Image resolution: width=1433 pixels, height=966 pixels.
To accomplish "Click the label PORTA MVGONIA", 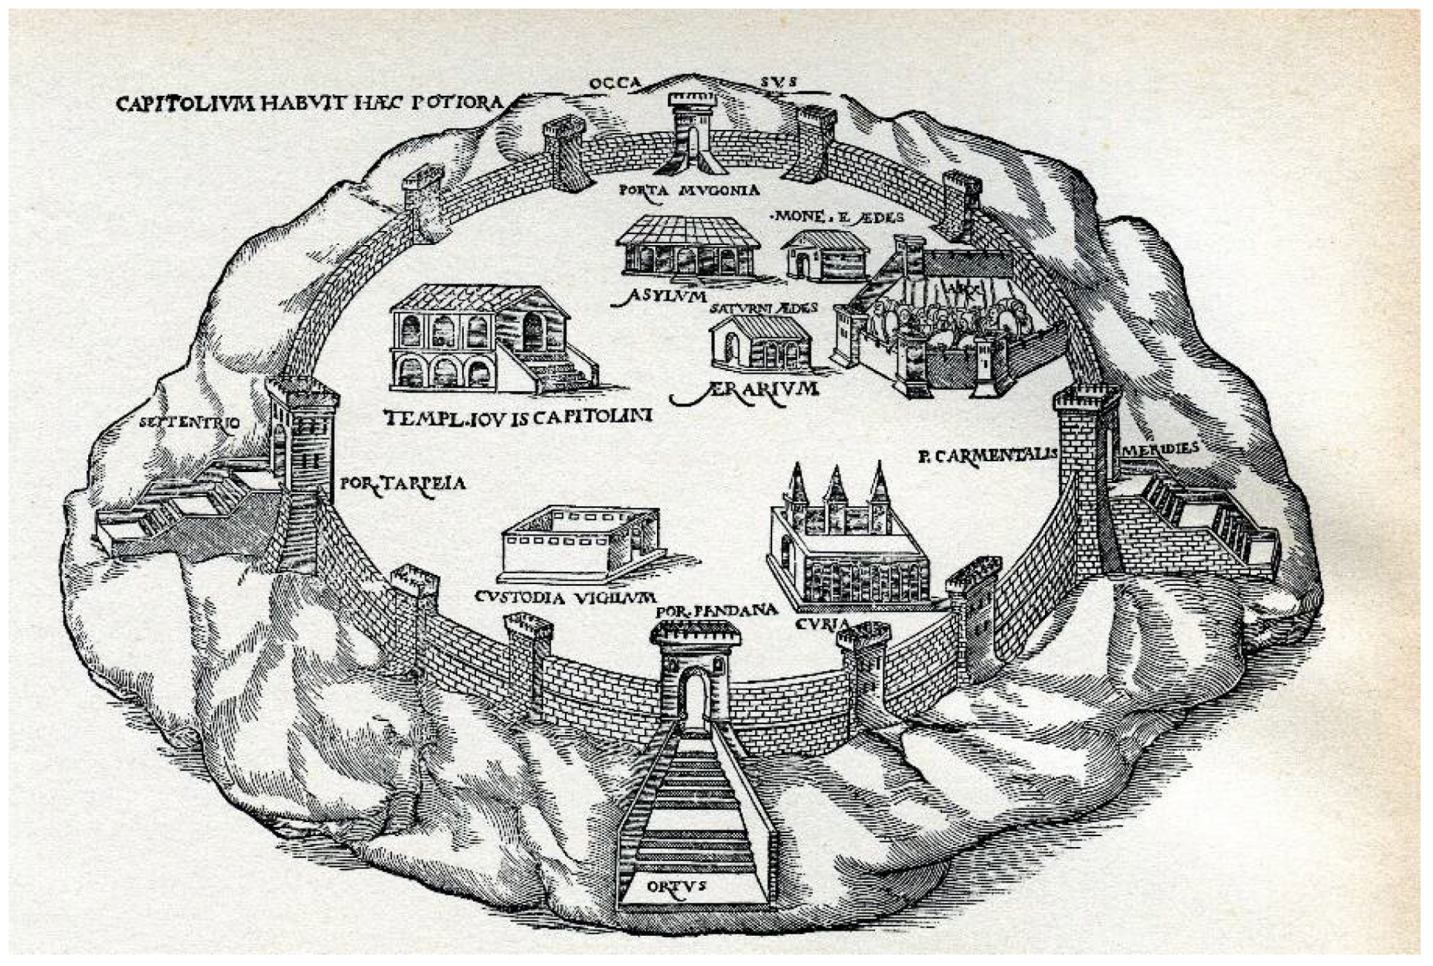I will pyautogui.click(x=689, y=189).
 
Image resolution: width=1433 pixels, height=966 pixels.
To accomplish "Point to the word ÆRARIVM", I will pyautogui.click(x=745, y=391).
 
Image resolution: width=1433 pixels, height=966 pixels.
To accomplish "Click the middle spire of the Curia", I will pyautogui.click(x=835, y=487).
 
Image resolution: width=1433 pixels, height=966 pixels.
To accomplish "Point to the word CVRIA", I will pyautogui.click(x=822, y=623).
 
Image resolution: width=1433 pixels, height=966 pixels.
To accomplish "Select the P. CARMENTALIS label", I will pyautogui.click(x=987, y=455).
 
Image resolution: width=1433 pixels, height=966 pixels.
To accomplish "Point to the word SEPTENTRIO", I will pyautogui.click(x=190, y=422).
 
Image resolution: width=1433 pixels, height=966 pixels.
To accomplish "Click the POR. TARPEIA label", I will pyautogui.click(x=402, y=484).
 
